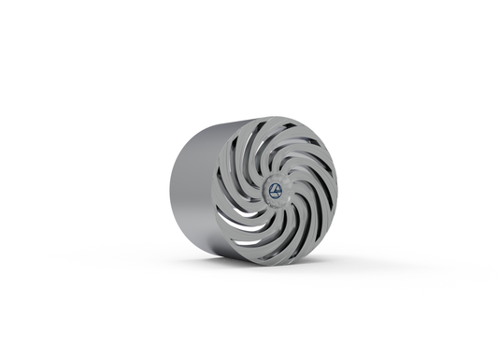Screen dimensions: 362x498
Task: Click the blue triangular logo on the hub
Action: [x=276, y=190]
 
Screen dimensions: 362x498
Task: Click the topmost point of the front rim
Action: [x=277, y=118]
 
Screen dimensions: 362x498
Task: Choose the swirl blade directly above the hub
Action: [x=278, y=150]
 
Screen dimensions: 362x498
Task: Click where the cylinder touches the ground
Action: [x=234, y=256]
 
